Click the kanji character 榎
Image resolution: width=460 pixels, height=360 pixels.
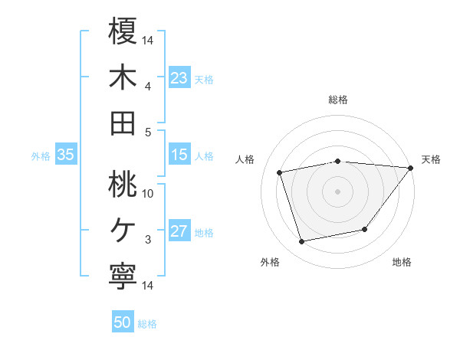pyautogui.click(x=123, y=31)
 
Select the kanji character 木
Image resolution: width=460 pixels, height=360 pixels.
pyautogui.click(x=123, y=77)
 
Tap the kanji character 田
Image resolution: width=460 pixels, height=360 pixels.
pyautogui.click(x=123, y=123)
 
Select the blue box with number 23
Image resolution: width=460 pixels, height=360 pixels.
pyautogui.click(x=179, y=78)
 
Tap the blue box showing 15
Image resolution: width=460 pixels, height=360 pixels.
pyautogui.click(x=179, y=155)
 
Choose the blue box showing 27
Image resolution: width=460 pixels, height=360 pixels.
pyautogui.click(x=179, y=231)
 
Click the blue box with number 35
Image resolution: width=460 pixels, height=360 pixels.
pyautogui.click(x=65, y=155)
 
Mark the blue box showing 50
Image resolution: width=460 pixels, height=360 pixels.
pyautogui.click(x=123, y=322)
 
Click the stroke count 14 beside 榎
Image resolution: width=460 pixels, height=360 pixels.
pyautogui.click(x=148, y=39)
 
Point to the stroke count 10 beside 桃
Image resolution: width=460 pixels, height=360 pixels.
pyautogui.click(x=148, y=193)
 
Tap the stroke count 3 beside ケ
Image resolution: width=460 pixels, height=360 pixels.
pyautogui.click(x=148, y=240)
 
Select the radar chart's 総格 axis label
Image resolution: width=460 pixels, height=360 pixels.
pyautogui.click(x=337, y=100)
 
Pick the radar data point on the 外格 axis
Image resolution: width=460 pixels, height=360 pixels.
pyautogui.click(x=302, y=242)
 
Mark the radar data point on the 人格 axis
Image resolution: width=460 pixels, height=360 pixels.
pyautogui.click(x=280, y=172)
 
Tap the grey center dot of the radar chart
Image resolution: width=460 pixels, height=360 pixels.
pyautogui.click(x=337, y=191)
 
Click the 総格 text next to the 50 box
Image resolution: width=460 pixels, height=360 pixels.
pyautogui.click(x=147, y=324)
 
